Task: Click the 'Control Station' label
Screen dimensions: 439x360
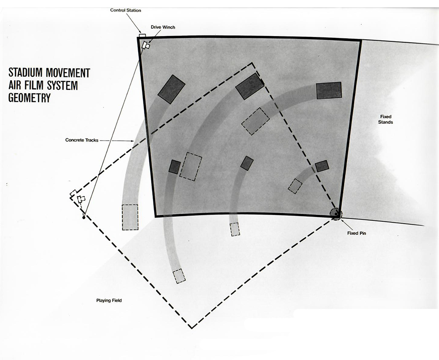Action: [x=125, y=11]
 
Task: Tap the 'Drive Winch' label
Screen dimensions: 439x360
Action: [x=163, y=27]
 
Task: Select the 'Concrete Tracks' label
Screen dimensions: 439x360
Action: [x=82, y=140]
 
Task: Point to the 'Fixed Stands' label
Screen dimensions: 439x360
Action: [x=386, y=120]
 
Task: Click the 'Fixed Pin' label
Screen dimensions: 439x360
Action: [x=356, y=233]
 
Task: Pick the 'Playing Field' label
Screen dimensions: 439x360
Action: [x=109, y=300]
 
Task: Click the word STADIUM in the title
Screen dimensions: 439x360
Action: [x=26, y=72]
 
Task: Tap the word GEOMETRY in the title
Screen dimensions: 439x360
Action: [x=29, y=98]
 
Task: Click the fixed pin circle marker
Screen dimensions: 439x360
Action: [x=336, y=214]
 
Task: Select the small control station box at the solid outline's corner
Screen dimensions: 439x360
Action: [x=142, y=36]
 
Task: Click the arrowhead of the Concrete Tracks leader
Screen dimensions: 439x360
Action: [x=132, y=141]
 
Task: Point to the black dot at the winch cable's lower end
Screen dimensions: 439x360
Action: [x=83, y=217]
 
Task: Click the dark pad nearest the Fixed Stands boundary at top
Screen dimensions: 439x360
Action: [x=329, y=90]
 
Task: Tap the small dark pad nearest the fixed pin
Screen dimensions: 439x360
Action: [x=322, y=166]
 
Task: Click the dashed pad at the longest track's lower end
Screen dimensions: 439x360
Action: [x=179, y=276]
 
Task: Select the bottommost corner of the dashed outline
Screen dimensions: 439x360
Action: [x=191, y=328]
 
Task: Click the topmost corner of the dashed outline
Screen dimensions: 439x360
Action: [x=252, y=63]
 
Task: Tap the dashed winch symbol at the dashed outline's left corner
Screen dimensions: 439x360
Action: [x=81, y=199]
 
